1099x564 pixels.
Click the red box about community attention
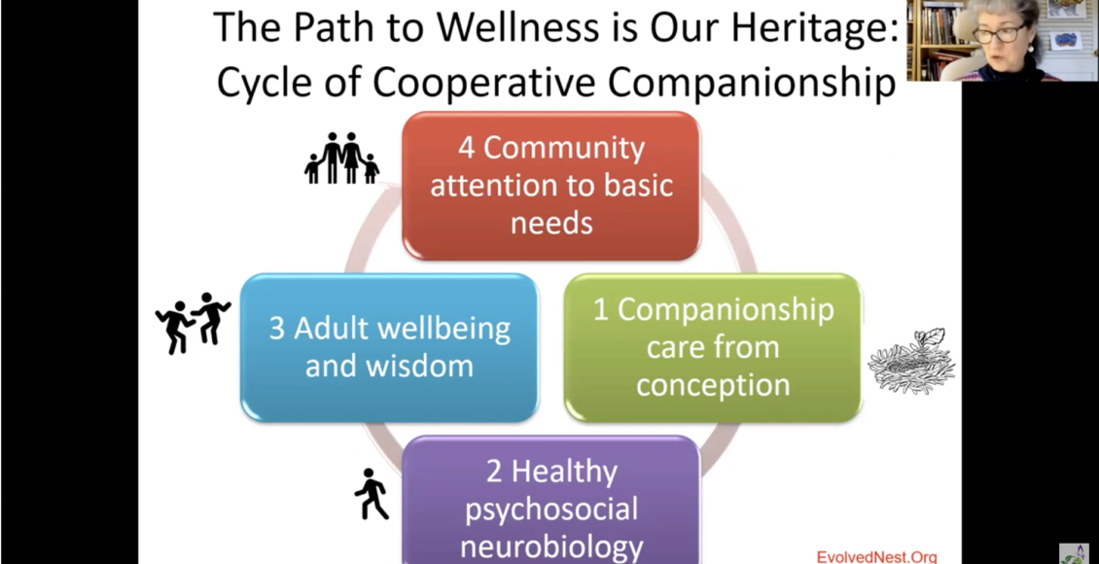(550, 186)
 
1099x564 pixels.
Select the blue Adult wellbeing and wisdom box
(389, 347)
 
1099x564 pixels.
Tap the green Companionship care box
(713, 347)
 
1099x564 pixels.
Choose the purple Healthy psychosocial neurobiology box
(550, 500)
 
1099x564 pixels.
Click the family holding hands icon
(342, 159)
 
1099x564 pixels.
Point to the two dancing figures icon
(193, 323)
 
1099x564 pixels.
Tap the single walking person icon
(372, 494)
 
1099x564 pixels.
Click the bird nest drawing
(911, 360)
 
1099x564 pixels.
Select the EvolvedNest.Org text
(876, 557)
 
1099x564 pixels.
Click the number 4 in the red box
(466, 149)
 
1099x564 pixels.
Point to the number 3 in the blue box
(277, 330)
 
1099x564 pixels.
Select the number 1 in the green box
(601, 310)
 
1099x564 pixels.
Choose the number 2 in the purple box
(494, 472)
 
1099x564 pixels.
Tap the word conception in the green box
(713, 386)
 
